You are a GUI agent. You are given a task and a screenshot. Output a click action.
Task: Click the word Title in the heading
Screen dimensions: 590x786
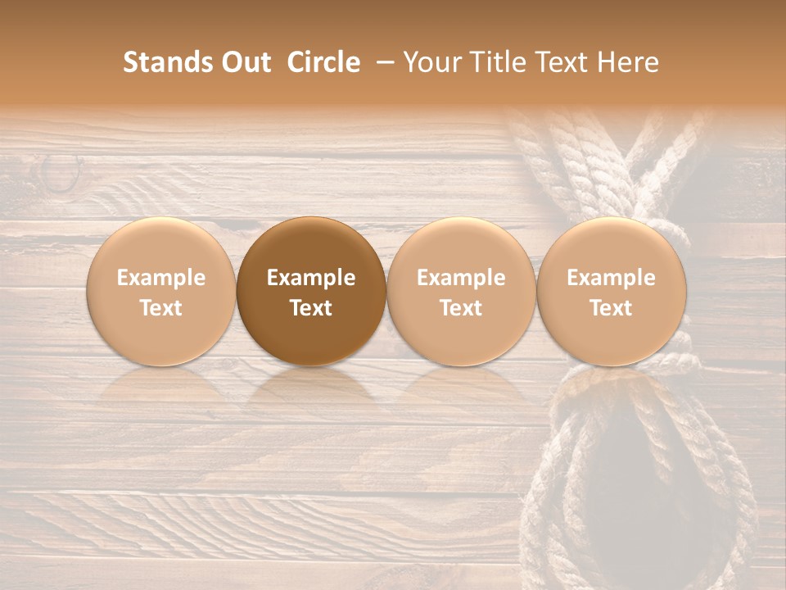495,62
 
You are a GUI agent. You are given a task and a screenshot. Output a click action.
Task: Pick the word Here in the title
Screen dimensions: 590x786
631,62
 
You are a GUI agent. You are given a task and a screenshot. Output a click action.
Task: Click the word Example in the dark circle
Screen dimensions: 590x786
311,278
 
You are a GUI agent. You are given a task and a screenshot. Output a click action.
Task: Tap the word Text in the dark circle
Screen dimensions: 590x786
311,308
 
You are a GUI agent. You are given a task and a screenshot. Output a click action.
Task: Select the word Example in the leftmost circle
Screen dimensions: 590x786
161,278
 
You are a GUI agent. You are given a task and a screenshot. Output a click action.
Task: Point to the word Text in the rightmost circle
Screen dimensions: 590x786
611,308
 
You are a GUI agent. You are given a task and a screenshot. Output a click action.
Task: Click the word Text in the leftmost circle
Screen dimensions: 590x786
161,308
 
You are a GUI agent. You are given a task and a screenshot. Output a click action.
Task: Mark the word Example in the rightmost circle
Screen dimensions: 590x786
611,278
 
